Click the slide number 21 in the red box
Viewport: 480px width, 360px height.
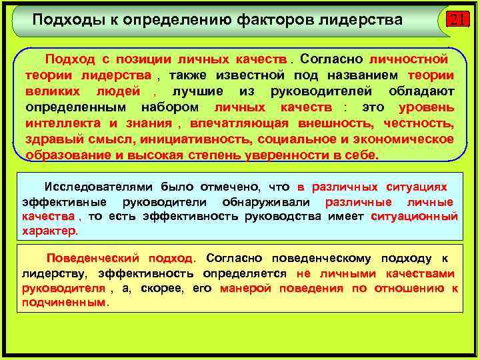coord(457,20)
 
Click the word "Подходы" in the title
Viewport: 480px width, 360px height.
coord(61,19)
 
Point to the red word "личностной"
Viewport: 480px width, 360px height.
coord(408,59)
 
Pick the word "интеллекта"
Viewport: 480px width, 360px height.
coord(62,123)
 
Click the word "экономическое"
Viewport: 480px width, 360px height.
coord(401,139)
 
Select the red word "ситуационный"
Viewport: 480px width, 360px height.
coord(414,217)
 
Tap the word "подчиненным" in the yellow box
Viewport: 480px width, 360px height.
coord(63,302)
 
